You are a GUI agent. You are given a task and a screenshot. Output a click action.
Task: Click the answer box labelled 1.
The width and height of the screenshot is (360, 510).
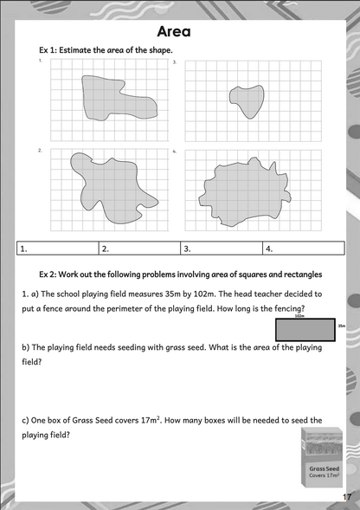[56, 249]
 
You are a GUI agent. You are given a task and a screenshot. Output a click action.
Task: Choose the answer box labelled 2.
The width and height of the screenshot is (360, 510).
[138, 249]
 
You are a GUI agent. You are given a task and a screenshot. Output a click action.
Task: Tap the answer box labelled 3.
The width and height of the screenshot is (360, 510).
[219, 249]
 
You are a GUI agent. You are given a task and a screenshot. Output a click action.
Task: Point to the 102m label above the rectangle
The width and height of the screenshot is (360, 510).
[299, 316]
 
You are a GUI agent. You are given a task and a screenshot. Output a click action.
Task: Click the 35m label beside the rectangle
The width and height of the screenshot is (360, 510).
[342, 326]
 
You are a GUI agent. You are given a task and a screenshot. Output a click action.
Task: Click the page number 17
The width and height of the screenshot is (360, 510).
[347, 497]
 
